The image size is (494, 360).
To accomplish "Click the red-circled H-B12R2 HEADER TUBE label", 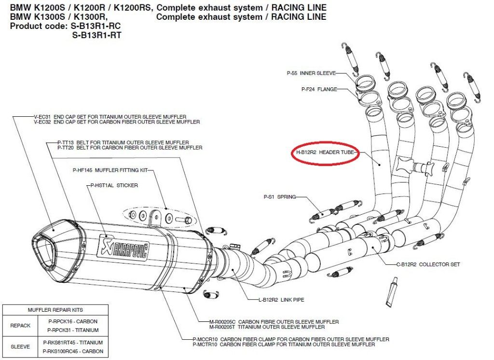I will pos(325,152).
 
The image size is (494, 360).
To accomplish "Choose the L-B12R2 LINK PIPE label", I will pos(281,300).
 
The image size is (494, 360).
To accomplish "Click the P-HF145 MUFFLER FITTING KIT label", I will pos(110,170).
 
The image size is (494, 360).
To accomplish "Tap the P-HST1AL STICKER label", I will pos(114,185).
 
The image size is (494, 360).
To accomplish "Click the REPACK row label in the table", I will pos(21,326).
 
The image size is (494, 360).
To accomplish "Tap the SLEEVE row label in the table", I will pos(21,346).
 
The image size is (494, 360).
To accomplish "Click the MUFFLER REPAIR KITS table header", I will pos(55,310).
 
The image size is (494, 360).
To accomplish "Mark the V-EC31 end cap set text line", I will pos(110,117).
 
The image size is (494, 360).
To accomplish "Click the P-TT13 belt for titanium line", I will pos(123,142).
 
